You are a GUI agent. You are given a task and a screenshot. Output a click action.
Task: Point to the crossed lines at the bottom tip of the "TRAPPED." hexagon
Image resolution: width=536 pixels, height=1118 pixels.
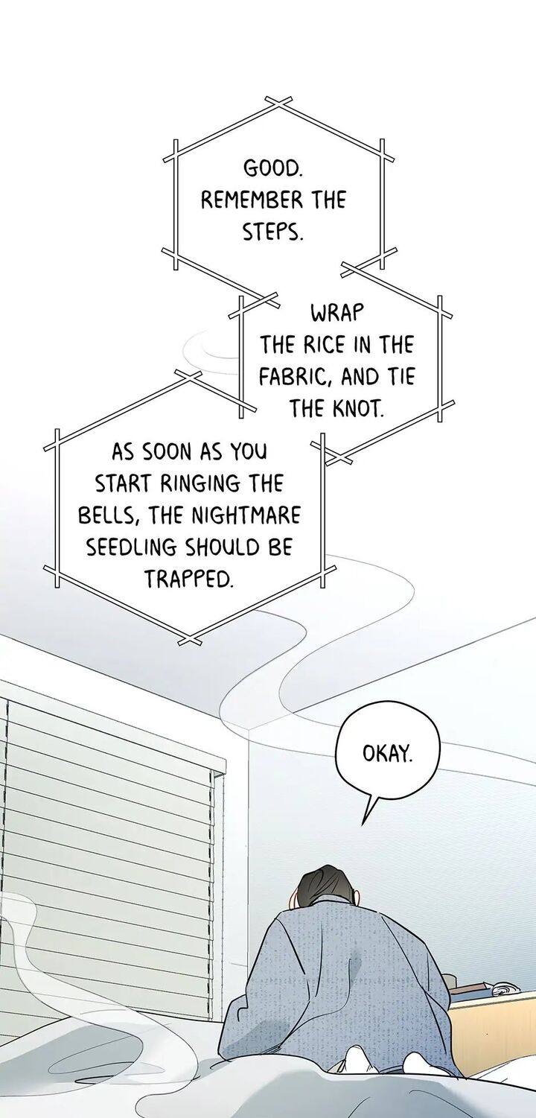click(x=190, y=640)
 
